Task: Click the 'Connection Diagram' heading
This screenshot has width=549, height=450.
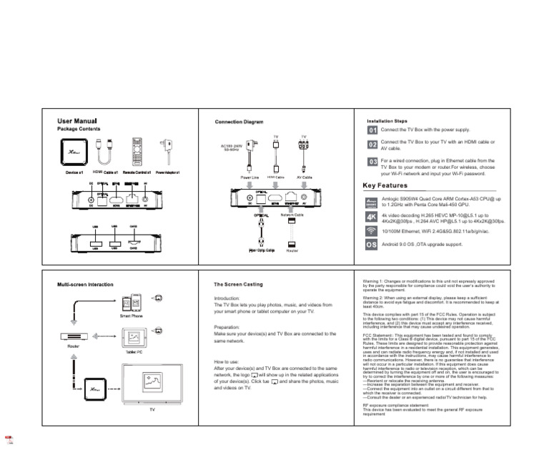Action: tap(239, 122)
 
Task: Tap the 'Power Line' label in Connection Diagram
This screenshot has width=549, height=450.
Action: tap(249, 177)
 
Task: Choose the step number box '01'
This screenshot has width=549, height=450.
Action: tap(372, 130)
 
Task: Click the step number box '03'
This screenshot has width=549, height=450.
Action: tap(372, 162)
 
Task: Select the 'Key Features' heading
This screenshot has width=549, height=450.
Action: tap(390, 185)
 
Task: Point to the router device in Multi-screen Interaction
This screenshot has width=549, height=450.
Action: tap(73, 336)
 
